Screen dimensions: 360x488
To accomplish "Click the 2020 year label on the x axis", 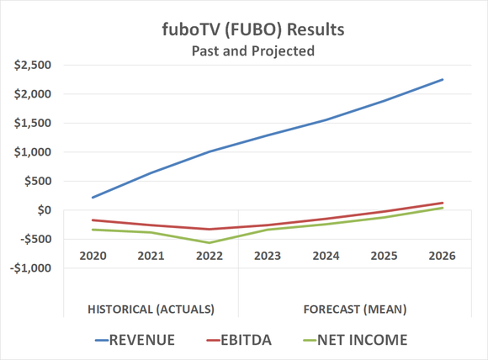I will (93, 255).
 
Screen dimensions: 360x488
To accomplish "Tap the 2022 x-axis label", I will (209, 255).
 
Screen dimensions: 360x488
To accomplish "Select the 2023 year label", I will (267, 255).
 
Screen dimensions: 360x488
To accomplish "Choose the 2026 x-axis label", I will (441, 255).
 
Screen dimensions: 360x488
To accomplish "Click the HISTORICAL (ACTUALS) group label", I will (151, 309).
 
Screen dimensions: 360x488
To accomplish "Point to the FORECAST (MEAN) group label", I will (354, 309).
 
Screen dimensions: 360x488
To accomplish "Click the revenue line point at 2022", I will (209, 152).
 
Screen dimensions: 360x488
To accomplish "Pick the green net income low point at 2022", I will (209, 243).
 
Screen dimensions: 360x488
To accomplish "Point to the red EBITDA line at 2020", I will (93, 220).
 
